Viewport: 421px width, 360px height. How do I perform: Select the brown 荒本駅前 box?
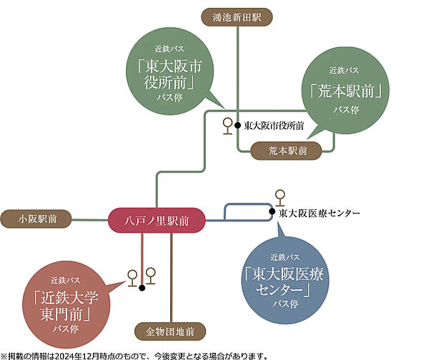click(287, 151)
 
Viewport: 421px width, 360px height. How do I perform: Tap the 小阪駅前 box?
click(36, 219)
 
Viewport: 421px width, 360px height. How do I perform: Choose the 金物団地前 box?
click(170, 332)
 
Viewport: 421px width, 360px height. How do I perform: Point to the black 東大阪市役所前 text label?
click(274, 125)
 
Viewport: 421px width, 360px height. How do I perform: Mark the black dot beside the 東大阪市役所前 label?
click(237, 125)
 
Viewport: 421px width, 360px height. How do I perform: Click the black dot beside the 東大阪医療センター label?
click(272, 212)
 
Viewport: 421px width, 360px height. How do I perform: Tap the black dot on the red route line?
click(142, 287)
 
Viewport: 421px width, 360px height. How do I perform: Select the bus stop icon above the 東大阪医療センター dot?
click(279, 195)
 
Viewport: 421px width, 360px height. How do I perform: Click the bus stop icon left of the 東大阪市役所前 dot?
click(228, 125)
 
